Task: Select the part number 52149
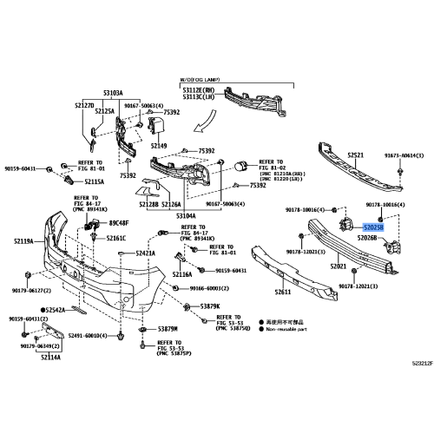(158, 146)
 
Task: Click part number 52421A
(144, 253)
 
